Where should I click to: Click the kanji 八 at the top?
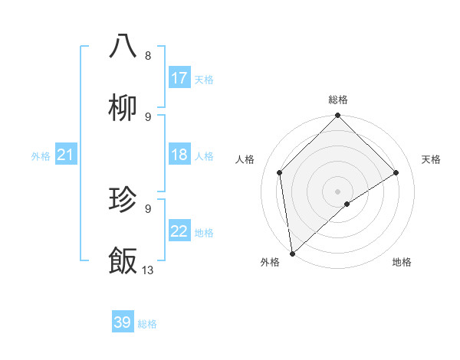(123, 46)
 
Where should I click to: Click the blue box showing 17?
(179, 78)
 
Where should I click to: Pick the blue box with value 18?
(179, 155)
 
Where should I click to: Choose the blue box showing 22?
(179, 232)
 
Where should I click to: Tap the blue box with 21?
(65, 155)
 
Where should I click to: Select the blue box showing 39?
(123, 322)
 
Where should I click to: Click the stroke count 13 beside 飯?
(148, 270)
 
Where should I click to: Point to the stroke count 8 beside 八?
(147, 55)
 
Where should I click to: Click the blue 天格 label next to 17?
(204, 79)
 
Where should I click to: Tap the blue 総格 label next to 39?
(147, 323)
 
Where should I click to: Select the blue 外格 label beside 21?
(41, 156)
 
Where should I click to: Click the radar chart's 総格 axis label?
(337, 100)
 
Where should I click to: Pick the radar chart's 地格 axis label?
(402, 262)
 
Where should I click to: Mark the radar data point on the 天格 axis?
(396, 172)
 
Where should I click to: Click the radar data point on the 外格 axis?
(292, 254)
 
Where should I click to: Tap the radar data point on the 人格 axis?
(280, 172)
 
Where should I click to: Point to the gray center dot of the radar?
(337, 191)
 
